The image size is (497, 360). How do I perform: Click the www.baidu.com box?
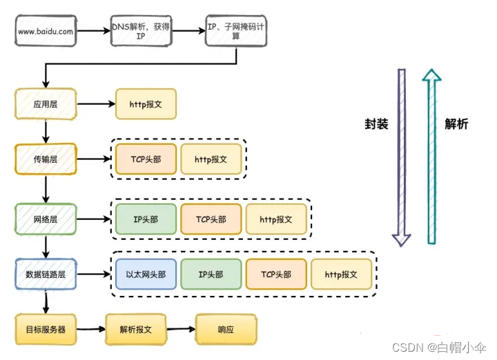click(46, 31)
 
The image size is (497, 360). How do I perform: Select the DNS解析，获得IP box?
click(141, 31)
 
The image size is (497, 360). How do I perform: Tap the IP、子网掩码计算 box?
click(235, 31)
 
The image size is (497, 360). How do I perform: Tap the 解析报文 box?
click(136, 330)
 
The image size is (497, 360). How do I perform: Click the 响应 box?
click(225, 330)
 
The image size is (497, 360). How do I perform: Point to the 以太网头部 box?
click(146, 274)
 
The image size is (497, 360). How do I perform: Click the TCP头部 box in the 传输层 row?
click(146, 159)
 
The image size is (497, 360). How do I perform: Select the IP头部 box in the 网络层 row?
click(146, 219)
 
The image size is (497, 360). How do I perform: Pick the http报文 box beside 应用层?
click(146, 105)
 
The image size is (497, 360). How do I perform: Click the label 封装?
click(376, 124)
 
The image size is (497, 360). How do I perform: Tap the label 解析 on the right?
click(456, 124)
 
